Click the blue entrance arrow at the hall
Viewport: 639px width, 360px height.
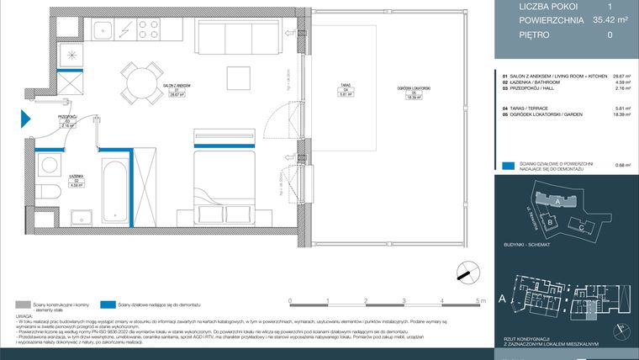pos(25,119)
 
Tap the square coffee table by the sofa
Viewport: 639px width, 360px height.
pos(235,78)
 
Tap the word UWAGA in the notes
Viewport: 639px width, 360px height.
pos(24,316)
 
